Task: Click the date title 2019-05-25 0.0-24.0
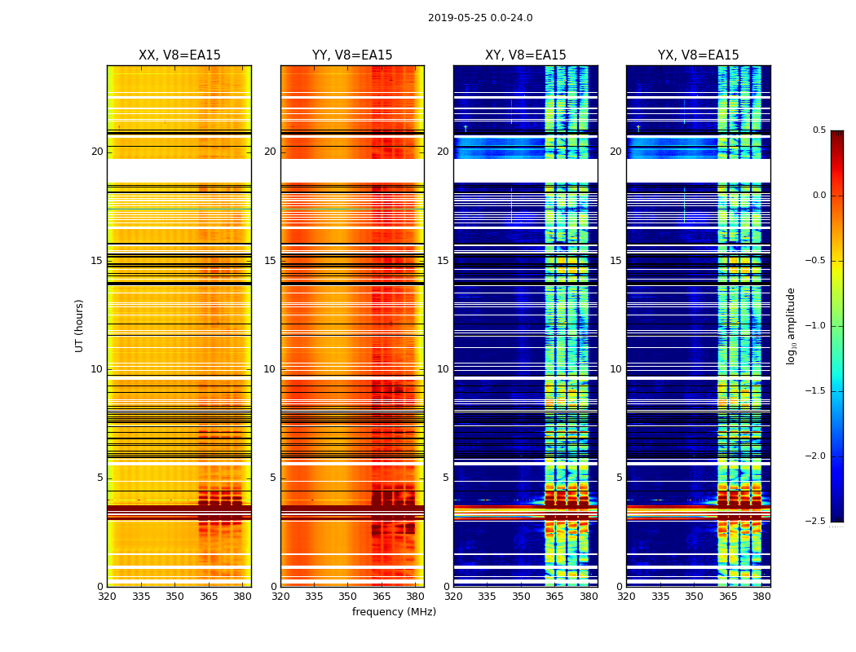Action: pos(480,18)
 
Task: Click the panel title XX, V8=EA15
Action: pos(179,55)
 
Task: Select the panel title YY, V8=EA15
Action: pos(352,55)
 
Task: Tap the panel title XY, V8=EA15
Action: pos(525,55)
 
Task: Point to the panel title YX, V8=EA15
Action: pos(698,55)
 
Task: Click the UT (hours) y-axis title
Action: pos(79,325)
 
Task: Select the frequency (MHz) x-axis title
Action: pos(394,612)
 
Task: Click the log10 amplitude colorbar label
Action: pos(791,325)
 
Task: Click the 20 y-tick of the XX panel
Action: pos(97,152)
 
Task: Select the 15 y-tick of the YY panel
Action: pos(270,261)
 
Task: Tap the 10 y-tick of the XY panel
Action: pos(443,369)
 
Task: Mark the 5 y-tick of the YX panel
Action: pos(619,478)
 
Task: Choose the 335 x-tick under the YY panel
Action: pos(314,597)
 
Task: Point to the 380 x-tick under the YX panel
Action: pos(761,597)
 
